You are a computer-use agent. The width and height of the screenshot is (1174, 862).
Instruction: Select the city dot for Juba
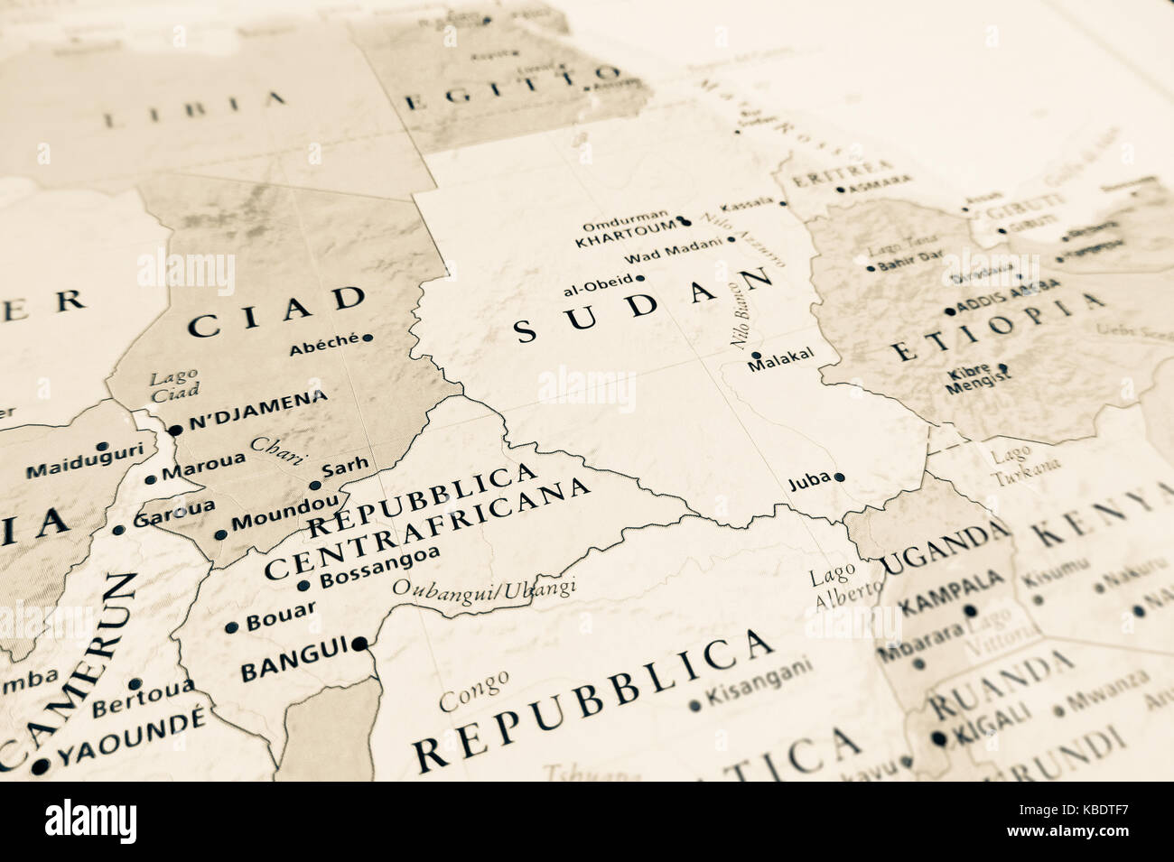tap(839, 477)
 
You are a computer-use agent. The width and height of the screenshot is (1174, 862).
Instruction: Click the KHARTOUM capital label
tap(625, 242)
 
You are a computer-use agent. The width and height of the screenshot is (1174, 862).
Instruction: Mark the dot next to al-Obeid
tap(639, 279)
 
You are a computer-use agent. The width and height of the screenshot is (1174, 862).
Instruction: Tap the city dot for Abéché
tap(367, 338)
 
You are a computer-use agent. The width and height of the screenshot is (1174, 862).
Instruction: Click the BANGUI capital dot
tap(360, 644)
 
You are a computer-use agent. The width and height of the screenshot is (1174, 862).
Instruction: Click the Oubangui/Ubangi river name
tap(484, 589)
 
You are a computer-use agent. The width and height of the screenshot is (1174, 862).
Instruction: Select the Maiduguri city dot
tap(103, 446)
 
